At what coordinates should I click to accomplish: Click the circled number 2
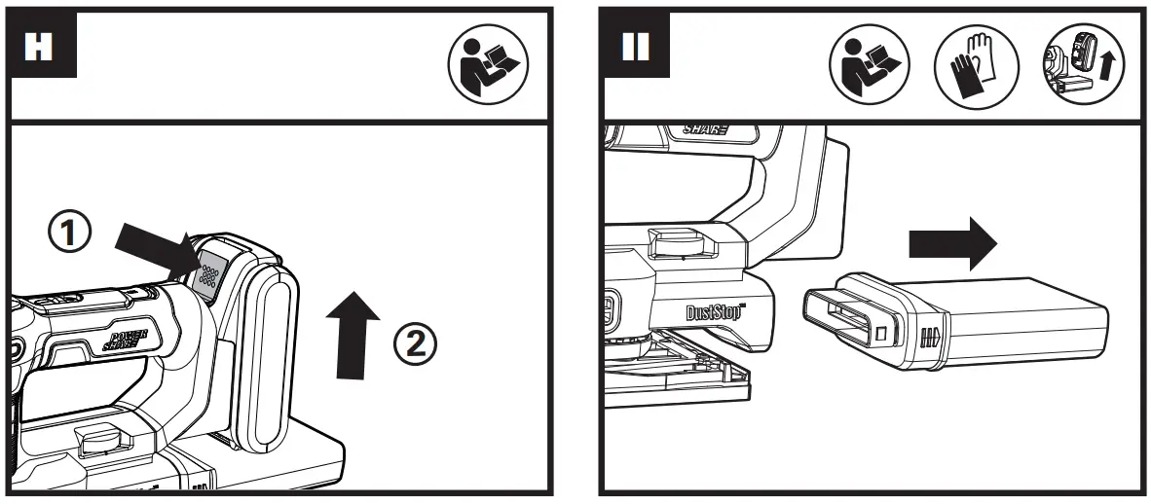click(415, 342)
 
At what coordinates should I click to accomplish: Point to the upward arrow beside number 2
click(353, 331)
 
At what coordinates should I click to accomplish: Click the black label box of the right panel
click(636, 48)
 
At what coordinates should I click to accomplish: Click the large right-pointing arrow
click(951, 243)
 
